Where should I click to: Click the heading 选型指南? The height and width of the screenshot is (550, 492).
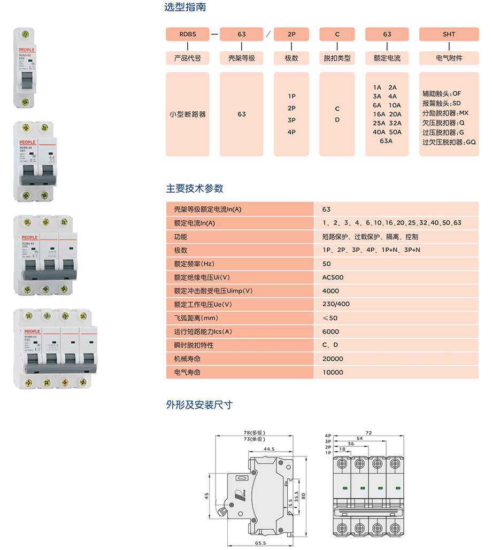click(185, 7)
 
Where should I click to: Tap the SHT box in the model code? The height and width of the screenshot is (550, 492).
click(449, 34)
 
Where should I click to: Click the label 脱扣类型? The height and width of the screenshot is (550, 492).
click(337, 58)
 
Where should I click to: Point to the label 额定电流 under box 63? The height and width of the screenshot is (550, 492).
click(387, 58)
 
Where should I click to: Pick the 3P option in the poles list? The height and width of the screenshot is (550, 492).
click(291, 120)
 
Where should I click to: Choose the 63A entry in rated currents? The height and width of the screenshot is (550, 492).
click(386, 141)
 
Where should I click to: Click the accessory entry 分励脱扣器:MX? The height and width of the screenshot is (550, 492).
click(445, 113)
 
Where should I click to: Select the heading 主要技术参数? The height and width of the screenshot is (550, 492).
click(195, 188)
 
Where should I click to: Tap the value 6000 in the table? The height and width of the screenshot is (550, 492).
click(330, 331)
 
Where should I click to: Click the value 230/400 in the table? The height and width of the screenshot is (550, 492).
click(336, 304)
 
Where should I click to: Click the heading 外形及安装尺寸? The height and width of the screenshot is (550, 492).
click(199, 405)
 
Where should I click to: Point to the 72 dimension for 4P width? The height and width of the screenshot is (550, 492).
click(368, 432)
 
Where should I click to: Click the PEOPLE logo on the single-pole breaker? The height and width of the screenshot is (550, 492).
click(24, 49)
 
